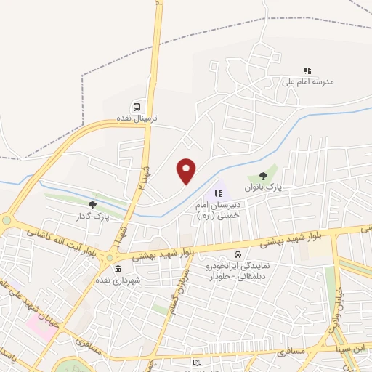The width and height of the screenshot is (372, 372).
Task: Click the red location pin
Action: click(x=187, y=170)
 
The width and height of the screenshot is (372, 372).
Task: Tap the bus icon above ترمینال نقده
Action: click(x=137, y=107)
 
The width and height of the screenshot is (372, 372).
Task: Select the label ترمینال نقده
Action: click(x=137, y=118)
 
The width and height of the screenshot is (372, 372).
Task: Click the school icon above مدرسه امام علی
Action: click(x=307, y=71)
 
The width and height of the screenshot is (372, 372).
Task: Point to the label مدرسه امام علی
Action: click(x=307, y=82)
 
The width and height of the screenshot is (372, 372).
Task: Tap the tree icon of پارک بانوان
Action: click(x=262, y=176)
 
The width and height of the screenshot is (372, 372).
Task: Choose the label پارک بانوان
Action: click(x=262, y=187)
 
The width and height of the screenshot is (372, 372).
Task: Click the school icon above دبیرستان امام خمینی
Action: click(x=217, y=194)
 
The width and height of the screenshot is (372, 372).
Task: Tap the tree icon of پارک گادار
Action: click(x=92, y=206)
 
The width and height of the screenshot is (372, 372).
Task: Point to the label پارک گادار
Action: click(x=92, y=217)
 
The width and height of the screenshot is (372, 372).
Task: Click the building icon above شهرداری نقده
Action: click(x=118, y=270)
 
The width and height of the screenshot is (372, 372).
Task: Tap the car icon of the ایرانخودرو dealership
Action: click(x=238, y=255)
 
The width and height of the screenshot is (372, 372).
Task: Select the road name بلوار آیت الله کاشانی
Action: click(x=62, y=241)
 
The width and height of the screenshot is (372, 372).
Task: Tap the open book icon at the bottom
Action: click(x=198, y=362)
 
